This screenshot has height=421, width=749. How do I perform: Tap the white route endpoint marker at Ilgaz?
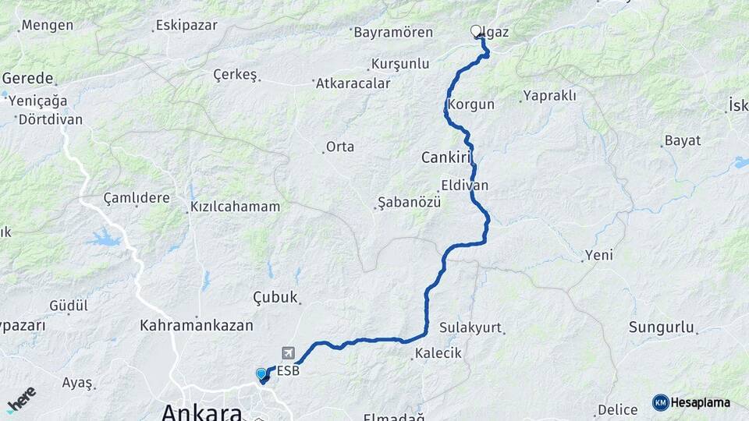[x=476, y=31]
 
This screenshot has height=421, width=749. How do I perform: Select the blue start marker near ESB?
[x=261, y=374]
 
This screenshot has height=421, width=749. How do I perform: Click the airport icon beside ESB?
[x=290, y=353]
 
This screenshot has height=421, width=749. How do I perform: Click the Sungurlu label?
[x=662, y=328]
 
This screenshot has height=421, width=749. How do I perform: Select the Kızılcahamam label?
[x=235, y=207]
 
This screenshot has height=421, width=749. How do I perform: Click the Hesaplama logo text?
[x=700, y=402]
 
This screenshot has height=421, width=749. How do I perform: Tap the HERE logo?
[x=22, y=399]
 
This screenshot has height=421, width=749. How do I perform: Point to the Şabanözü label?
[x=410, y=202]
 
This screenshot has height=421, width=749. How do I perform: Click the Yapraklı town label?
[x=549, y=96]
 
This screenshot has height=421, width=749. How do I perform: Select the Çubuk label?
[x=276, y=297]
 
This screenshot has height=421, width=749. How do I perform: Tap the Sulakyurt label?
[x=470, y=327]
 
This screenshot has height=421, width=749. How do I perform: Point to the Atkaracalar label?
[x=352, y=83]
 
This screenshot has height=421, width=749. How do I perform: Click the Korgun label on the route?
[x=472, y=104]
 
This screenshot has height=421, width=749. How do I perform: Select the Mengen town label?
[x=48, y=25]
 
